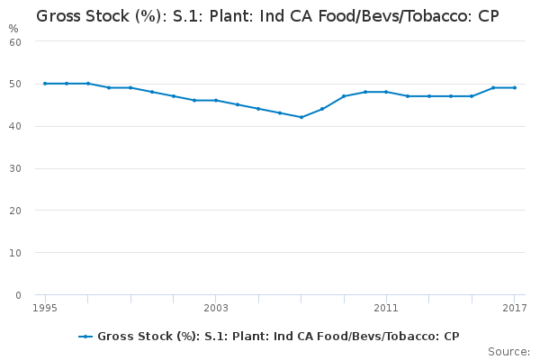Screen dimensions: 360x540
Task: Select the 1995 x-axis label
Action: (x=45, y=309)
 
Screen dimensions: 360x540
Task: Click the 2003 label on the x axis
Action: (x=216, y=309)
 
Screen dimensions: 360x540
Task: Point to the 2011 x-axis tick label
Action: (x=386, y=309)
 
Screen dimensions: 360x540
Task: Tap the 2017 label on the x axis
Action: (x=514, y=309)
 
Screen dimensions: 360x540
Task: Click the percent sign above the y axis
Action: (x=13, y=28)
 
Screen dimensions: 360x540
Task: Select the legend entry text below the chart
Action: (x=278, y=337)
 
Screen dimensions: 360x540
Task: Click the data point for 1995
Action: (x=45, y=84)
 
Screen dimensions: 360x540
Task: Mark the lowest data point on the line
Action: (x=301, y=117)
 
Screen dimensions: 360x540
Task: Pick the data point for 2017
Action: (x=514, y=87)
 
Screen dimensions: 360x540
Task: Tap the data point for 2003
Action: (x=216, y=100)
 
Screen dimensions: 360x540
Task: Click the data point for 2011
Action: (x=386, y=92)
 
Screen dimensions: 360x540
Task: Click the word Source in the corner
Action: (x=508, y=351)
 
